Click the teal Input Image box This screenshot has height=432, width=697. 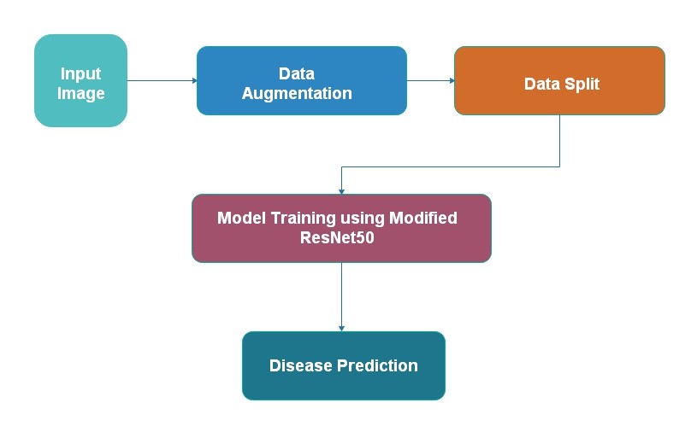(x=80, y=80)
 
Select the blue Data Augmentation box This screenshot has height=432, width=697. (x=301, y=80)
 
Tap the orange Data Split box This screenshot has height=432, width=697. (x=559, y=80)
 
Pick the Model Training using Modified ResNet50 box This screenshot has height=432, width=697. (x=341, y=228)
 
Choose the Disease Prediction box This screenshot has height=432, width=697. (x=344, y=365)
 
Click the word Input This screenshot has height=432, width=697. (x=80, y=74)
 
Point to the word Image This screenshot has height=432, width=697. (x=81, y=94)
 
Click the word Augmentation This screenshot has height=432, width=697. (x=297, y=94)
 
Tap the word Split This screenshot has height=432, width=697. (x=582, y=85)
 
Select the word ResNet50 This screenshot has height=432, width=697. (x=337, y=237)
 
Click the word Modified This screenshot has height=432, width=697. (x=423, y=218)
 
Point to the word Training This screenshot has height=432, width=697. (x=303, y=219)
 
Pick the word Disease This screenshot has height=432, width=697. (x=301, y=365)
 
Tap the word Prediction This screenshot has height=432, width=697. (x=377, y=365)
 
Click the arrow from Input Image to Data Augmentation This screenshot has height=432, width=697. (x=162, y=80)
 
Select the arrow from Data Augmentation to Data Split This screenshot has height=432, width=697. (x=431, y=80)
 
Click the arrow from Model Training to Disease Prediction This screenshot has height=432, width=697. (x=341, y=297)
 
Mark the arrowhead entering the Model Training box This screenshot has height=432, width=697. (x=341, y=191)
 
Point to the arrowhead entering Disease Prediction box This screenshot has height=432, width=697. (x=341, y=329)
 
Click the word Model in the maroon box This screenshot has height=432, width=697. (x=242, y=218)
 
